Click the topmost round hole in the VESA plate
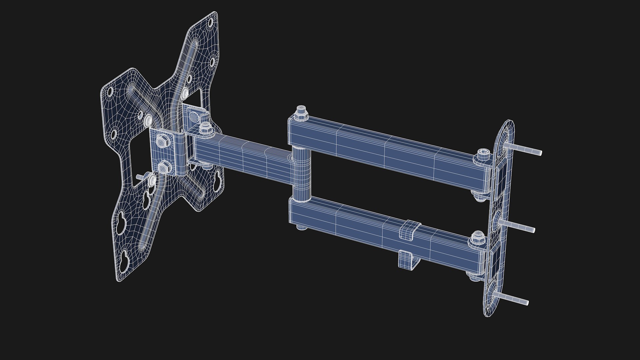tap(210, 23)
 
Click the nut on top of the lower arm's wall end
tap(479, 237)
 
